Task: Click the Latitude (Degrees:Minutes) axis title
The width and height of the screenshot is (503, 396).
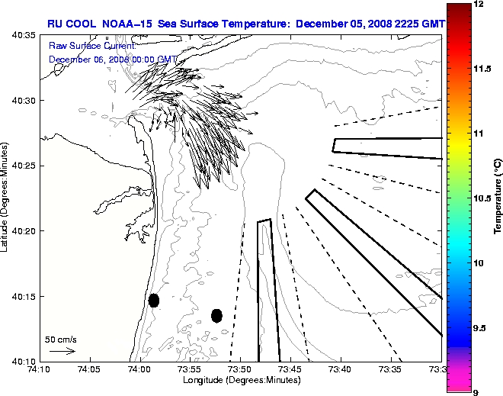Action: [5, 198]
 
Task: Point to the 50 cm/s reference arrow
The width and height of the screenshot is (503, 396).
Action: [61, 351]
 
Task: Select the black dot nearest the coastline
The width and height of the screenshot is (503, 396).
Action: [154, 300]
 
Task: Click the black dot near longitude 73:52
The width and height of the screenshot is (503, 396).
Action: [216, 315]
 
